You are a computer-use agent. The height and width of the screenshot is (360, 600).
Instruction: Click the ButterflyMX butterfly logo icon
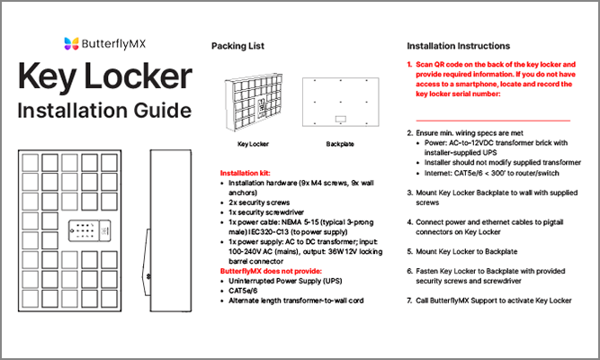coord(74,43)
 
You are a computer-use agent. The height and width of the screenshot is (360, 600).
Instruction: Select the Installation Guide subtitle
coord(104,111)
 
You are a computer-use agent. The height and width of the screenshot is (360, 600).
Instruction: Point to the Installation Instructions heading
coord(458,46)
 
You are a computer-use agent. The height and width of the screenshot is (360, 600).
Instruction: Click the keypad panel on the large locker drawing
coord(89,232)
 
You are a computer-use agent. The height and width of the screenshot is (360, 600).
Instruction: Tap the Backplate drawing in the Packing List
coord(340,101)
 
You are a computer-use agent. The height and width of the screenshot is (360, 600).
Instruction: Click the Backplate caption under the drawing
coord(340,143)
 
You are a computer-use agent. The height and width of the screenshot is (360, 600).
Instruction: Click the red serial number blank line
coord(493,118)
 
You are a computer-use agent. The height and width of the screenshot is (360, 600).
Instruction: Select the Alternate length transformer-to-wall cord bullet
coord(297,300)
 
